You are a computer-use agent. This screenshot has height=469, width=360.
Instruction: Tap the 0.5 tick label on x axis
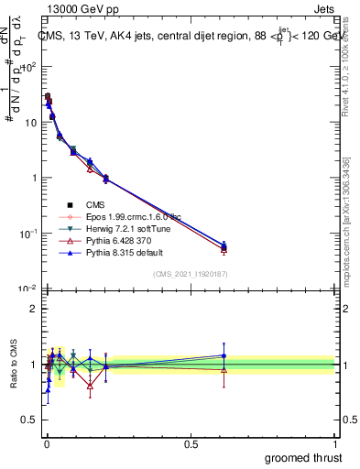coord(191,442)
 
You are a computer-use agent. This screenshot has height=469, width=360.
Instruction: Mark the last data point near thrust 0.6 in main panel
coord(224,246)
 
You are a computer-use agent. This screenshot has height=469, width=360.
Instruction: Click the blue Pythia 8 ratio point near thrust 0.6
coord(224,355)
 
